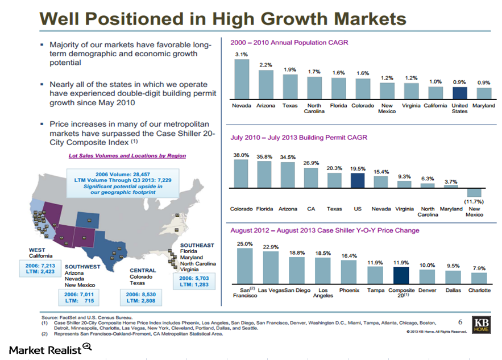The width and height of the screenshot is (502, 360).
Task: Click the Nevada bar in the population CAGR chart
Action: click(242, 79)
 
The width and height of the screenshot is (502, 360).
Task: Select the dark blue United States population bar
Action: click(459, 93)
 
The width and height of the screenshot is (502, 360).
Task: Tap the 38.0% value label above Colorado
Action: click(242, 155)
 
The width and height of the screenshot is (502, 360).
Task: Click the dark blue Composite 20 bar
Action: click(401, 275)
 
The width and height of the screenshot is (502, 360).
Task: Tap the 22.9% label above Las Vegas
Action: click(270, 247)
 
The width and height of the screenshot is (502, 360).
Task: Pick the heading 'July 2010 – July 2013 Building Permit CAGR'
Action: click(298, 137)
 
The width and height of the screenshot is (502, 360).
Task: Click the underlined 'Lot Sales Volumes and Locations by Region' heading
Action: click(127, 155)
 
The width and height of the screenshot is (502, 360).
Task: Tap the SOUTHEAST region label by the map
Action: click(197, 245)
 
